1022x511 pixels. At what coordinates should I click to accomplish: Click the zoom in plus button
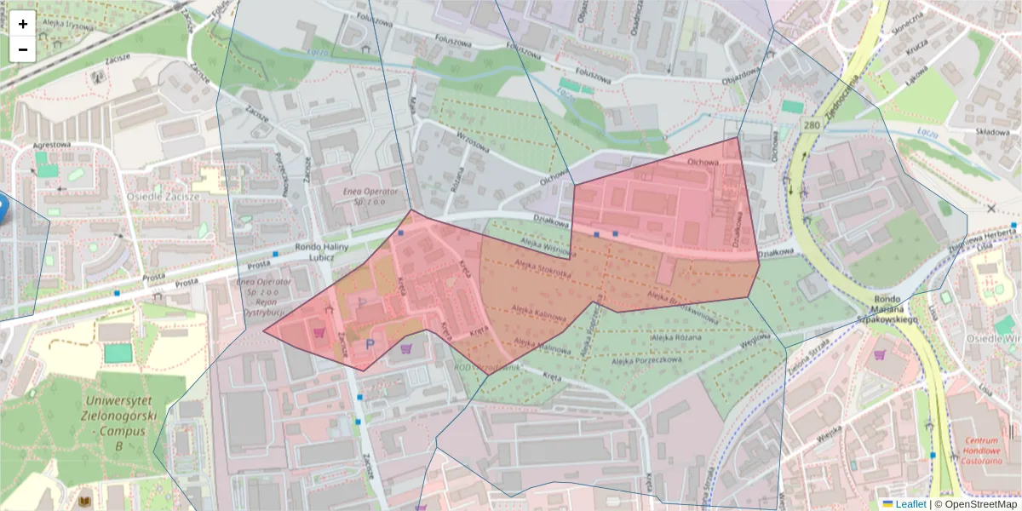click(23, 24)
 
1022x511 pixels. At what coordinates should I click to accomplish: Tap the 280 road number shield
click(811, 126)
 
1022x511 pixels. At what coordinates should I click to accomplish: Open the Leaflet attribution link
click(911, 504)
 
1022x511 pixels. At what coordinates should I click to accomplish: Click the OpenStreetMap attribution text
click(976, 504)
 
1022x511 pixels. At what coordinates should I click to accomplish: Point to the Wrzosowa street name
click(473, 146)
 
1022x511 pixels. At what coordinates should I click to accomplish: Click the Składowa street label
click(991, 132)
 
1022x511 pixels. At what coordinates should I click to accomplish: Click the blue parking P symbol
click(370, 344)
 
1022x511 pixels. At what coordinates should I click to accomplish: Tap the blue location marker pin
click(2, 207)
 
